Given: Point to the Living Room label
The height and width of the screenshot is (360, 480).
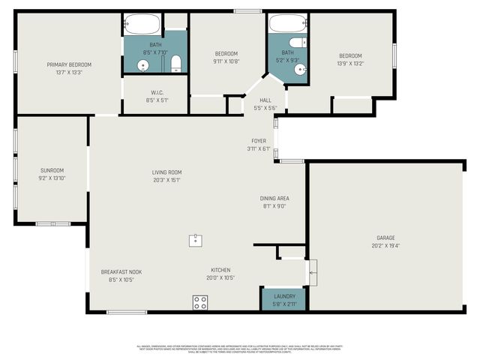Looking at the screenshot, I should tap(166, 172).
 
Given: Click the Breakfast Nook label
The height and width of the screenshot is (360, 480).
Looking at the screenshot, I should tap(121, 272).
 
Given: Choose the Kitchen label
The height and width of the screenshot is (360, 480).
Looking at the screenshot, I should tap(220, 270).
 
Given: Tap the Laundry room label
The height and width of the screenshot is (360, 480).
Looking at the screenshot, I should tap(284, 296).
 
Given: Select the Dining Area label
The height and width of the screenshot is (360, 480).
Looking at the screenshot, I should tap(274, 198).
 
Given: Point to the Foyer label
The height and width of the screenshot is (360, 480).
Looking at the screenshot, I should tap(259, 141).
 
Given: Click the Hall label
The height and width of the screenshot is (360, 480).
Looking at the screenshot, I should tap(265, 100).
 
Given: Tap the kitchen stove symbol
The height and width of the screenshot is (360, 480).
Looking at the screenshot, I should tap(200, 302).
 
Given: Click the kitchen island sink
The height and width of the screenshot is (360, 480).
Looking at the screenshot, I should tap(195, 239).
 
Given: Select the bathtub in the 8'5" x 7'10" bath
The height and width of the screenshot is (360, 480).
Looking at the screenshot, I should tap(143, 25).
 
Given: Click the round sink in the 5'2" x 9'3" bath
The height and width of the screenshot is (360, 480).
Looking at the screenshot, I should tap(300, 70).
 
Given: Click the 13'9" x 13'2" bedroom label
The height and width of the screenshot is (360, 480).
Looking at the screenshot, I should tap(350, 55).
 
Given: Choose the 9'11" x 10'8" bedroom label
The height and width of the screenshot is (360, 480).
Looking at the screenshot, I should tap(226, 53).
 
